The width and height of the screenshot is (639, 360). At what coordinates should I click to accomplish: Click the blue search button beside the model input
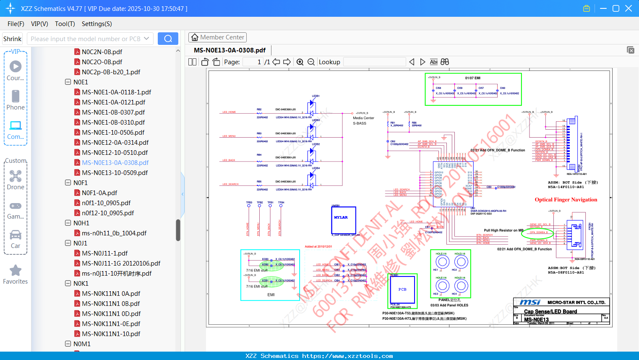point(168,39)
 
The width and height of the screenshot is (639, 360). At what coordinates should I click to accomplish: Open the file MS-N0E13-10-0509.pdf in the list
point(115,172)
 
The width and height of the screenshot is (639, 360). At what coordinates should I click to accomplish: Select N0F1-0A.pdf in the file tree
point(99,193)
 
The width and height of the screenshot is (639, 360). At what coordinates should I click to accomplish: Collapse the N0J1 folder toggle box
point(68,243)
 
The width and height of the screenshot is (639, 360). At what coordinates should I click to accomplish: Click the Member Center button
point(217,37)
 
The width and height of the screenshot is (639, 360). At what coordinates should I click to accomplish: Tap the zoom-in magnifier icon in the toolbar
point(300,62)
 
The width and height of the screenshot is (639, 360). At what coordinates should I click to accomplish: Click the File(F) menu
point(16,24)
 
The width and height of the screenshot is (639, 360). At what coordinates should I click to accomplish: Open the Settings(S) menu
point(97,24)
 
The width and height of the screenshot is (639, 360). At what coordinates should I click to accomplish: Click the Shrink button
point(12,39)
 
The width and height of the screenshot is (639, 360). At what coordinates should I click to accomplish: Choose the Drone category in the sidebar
point(16,180)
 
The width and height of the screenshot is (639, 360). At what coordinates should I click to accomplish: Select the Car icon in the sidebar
point(16,239)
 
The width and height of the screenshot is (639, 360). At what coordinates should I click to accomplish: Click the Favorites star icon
point(16,271)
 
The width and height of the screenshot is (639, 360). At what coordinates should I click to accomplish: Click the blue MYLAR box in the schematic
point(344,220)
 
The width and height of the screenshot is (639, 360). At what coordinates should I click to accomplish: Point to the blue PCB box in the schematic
point(402,290)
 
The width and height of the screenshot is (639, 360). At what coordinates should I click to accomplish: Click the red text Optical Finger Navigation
point(566,200)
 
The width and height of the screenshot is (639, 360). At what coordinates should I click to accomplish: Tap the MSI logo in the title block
point(530,302)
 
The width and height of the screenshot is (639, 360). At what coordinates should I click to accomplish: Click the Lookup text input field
point(374,62)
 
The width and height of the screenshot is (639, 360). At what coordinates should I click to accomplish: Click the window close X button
point(629,8)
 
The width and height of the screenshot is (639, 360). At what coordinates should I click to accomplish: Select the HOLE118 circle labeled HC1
point(442,262)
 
